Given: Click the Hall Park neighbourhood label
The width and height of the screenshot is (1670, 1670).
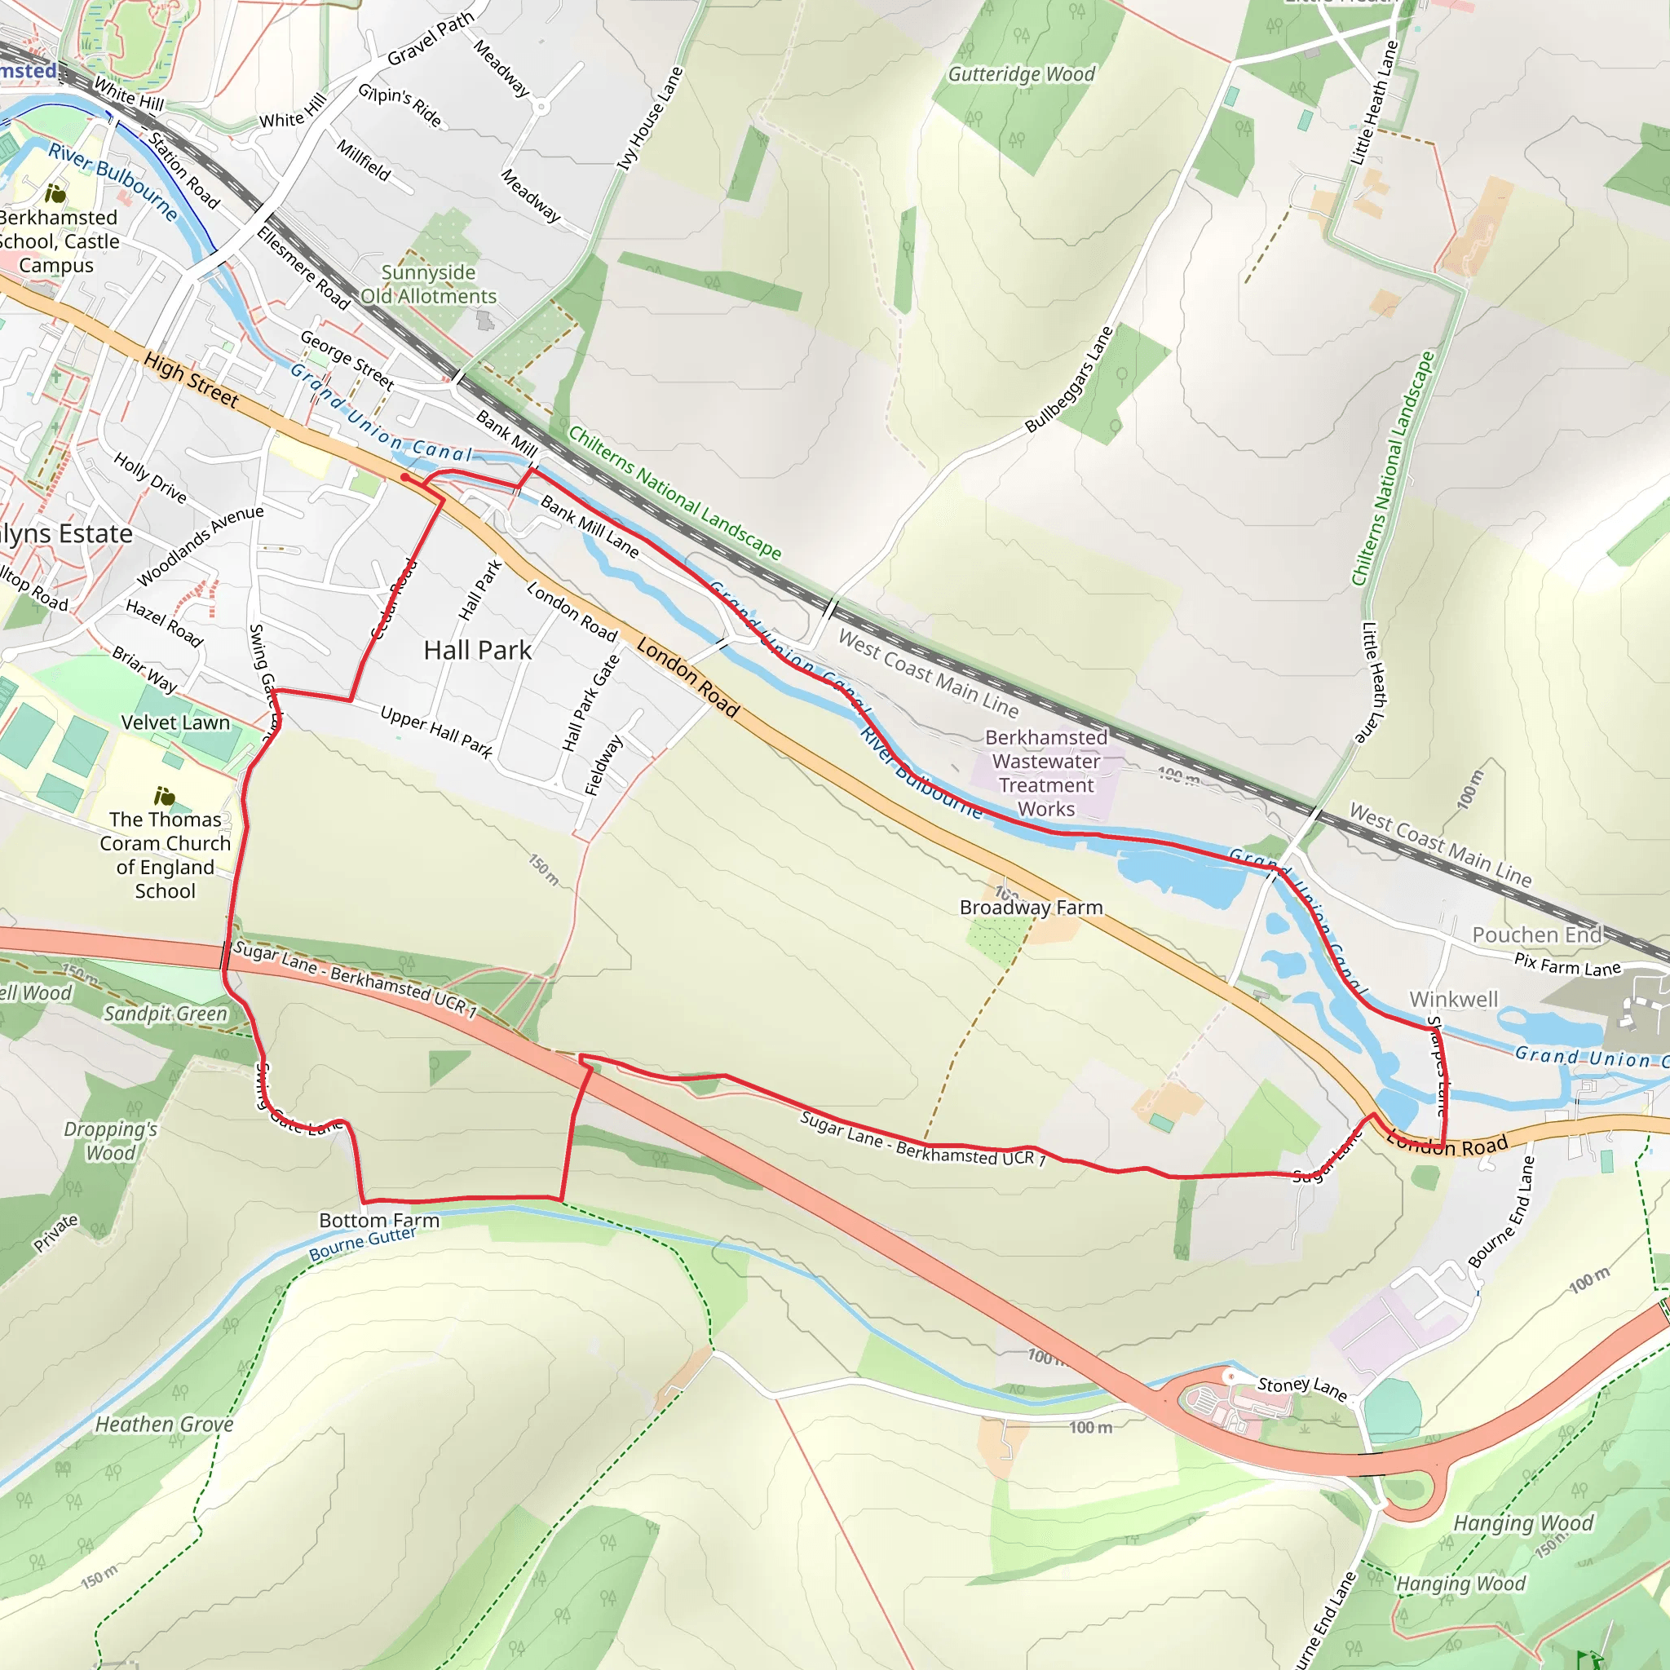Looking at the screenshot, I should click(477, 651).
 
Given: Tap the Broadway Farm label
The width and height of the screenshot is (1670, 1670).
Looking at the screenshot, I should click(1032, 908).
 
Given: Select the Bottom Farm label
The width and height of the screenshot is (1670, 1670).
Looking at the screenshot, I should click(378, 1221).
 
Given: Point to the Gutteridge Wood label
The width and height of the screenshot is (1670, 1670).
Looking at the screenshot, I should click(1021, 74).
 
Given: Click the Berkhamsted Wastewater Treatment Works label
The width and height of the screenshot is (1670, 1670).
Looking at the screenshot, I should click(1046, 773).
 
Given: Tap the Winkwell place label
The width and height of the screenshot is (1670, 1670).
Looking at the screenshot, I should click(1453, 999).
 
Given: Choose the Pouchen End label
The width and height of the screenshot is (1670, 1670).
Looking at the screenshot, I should click(1537, 934).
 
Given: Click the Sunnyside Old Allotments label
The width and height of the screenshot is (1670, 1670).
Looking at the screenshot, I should click(429, 285).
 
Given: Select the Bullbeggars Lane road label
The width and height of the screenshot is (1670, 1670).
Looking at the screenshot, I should click(1068, 379).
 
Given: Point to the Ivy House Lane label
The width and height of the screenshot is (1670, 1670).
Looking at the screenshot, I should click(650, 119).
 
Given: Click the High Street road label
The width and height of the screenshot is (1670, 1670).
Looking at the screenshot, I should click(190, 379).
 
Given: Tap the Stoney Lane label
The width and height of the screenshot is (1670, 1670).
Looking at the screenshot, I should click(1301, 1389).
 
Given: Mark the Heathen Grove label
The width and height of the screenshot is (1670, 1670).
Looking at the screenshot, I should click(164, 1424).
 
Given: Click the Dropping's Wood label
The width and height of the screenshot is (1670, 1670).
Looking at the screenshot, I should click(111, 1141).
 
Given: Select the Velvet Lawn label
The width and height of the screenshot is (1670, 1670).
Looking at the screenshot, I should click(175, 722).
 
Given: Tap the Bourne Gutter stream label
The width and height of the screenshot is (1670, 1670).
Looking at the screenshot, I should click(362, 1244).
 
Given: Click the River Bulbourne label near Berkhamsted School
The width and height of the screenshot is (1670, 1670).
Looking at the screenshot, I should click(113, 182).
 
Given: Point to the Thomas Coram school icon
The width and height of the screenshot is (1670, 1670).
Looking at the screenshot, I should click(164, 796).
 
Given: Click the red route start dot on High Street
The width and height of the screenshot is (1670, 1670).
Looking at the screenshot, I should click(404, 477).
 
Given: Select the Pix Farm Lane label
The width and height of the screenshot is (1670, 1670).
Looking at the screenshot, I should click(1567, 965).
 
